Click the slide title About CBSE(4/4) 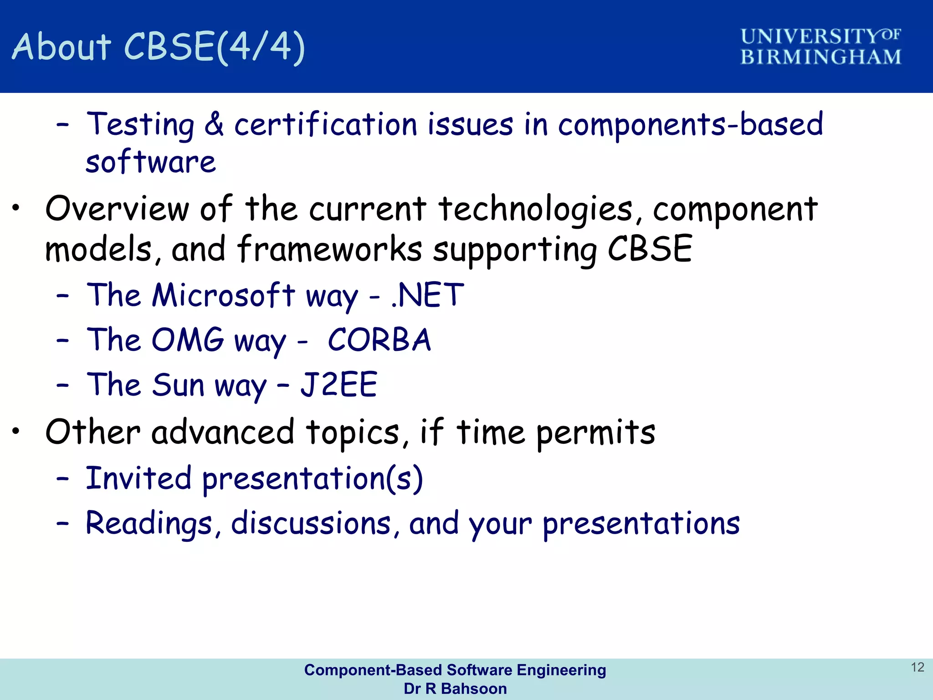pos(158,47)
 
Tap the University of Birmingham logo pos(820,47)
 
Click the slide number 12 pos(917,667)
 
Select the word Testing pos(141,125)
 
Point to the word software pos(150,162)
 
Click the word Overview pos(117,209)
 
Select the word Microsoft pos(223,295)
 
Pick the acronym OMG pos(188,340)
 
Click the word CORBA pos(379,340)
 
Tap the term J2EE pos(338,385)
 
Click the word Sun pos(178,385)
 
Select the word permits pos(595,433)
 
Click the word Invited pos(138,479)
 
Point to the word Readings pos(149,523)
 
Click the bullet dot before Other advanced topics pos(16,430)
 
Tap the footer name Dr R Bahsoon pos(455,689)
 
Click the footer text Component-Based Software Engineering pos(455,670)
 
